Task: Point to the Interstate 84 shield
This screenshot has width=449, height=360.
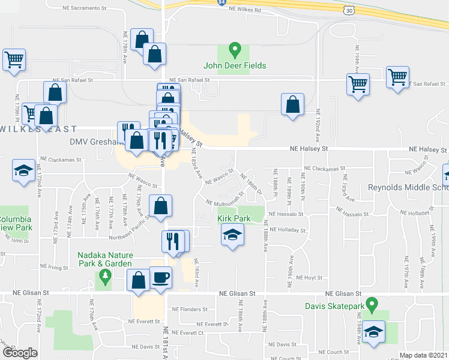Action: click(223, 3)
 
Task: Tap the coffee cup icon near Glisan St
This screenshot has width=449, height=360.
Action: click(161, 278)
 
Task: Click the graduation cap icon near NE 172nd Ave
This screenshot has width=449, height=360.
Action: click(23, 170)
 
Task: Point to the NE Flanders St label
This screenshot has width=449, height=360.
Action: click(189, 310)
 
